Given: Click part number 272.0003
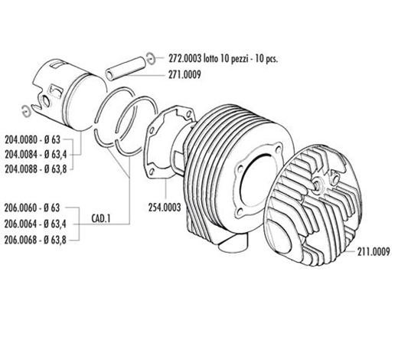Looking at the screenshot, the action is point(184,59).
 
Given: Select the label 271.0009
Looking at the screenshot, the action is point(184,74).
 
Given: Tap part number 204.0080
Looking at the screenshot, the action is point(21,139).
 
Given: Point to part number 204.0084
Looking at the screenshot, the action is point(21,154).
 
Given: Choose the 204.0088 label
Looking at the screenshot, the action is point(21,169).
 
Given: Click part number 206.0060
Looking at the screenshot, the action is point(21,208).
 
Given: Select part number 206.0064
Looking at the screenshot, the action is point(21,224).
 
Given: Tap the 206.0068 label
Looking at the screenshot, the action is point(21,240).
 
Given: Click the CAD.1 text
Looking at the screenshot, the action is point(100,218).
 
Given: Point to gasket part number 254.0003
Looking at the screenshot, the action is point(165,208).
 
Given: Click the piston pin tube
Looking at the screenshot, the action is point(126,68).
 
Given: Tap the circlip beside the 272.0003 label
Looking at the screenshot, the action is point(151,59).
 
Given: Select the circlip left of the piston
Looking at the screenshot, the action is point(26,111).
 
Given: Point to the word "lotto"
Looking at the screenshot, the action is point(210,59).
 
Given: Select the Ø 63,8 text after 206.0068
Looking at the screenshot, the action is point(55,241).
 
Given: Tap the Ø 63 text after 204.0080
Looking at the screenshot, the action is point(52,139).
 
